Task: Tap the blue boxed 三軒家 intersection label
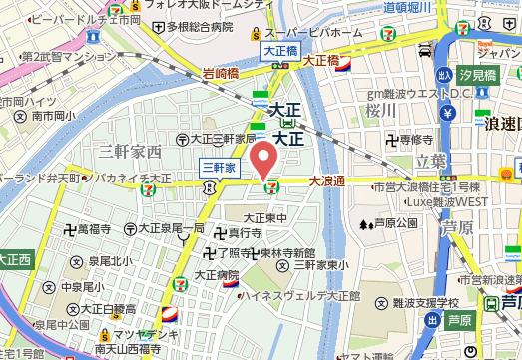click(x=219, y=167)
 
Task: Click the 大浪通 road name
click(x=326, y=181)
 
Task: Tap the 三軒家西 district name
click(x=130, y=152)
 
